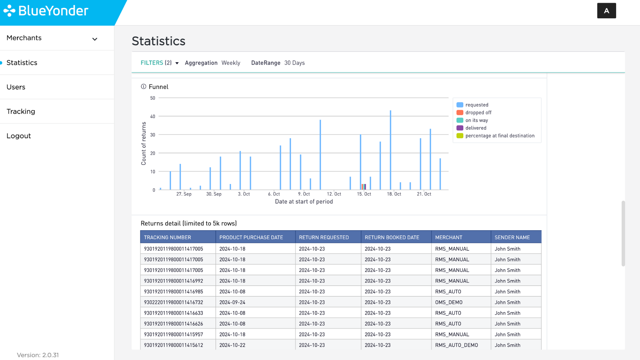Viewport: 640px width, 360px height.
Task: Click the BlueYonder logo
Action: tap(46, 11)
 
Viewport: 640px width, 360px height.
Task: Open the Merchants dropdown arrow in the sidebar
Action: tap(95, 39)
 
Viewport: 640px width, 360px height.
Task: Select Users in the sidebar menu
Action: tap(16, 87)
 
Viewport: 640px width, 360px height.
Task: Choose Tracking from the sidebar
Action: tap(21, 111)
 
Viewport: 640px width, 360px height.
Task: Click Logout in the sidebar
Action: tap(19, 136)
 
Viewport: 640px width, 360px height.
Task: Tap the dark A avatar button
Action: tap(606, 11)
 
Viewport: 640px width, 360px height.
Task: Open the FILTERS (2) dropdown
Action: tap(159, 63)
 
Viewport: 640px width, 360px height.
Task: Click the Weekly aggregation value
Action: tap(231, 63)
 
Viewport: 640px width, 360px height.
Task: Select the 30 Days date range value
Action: tap(294, 63)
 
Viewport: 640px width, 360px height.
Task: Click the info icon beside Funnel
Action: tap(144, 87)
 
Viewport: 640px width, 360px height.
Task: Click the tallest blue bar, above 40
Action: tap(390, 150)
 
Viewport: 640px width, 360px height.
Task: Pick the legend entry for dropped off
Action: tap(474, 113)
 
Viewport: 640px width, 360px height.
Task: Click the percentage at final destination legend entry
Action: tap(495, 136)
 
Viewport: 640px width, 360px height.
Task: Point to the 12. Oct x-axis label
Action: tap(334, 194)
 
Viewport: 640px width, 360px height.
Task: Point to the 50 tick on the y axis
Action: tap(153, 98)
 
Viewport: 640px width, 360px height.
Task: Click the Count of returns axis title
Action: tap(144, 143)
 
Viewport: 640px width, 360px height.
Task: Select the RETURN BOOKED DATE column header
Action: tap(392, 237)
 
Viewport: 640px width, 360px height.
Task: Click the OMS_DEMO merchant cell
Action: tap(449, 302)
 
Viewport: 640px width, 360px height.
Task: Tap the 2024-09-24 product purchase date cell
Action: tap(232, 302)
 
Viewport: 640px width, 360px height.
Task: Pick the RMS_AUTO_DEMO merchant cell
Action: tap(456, 345)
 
